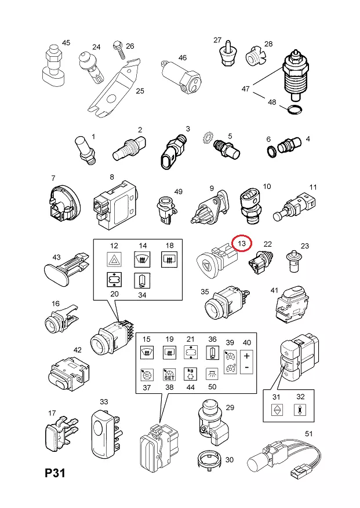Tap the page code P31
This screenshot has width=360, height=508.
coord(56,474)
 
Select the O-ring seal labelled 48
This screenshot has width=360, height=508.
coord(294,110)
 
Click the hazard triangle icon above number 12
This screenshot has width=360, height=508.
coord(114,261)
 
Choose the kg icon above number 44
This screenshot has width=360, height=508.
coord(189,374)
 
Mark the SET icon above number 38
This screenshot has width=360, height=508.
coord(169,374)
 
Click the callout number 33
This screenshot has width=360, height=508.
coord(104,401)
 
